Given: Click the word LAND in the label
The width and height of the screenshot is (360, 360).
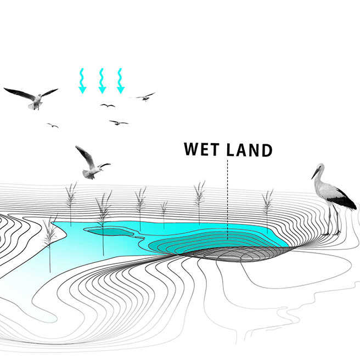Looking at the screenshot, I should point(250,150).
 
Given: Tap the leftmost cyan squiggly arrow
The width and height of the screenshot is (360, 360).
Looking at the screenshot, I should point(82,81).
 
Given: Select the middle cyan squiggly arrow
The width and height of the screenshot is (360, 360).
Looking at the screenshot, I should point(102,81).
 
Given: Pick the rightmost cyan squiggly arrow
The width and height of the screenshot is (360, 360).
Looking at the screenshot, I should point(120,81).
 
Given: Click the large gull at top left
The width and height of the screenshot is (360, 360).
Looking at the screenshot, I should point(33,97).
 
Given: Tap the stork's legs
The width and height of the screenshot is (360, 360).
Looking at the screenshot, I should point(332,222).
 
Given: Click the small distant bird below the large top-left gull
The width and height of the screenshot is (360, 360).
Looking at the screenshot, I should point(53,126).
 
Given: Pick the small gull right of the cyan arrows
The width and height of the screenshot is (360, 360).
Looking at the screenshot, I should point(145,97).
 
